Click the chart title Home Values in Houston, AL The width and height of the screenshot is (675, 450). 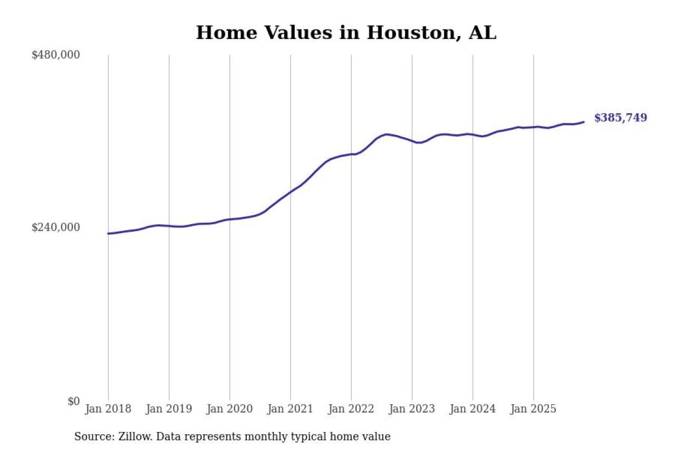click(346, 33)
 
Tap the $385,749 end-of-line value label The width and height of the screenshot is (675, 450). click(620, 118)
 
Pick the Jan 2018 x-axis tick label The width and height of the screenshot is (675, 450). click(108, 409)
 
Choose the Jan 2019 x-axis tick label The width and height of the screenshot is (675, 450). click(169, 409)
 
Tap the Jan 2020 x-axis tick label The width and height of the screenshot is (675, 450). click(229, 409)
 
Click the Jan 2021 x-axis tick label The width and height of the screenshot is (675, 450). click(290, 409)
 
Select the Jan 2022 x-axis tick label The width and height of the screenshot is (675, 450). click(351, 409)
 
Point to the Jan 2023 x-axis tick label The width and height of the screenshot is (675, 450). click(412, 409)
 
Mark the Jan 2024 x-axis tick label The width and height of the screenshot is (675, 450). click(472, 409)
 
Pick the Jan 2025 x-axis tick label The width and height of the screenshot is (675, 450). click(533, 409)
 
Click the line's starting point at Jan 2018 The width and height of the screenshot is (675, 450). click(108, 233)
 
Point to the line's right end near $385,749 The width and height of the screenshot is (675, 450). click(583, 122)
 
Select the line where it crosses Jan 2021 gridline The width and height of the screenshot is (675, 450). click(291, 192)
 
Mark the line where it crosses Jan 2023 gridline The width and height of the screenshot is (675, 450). click(412, 141)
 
